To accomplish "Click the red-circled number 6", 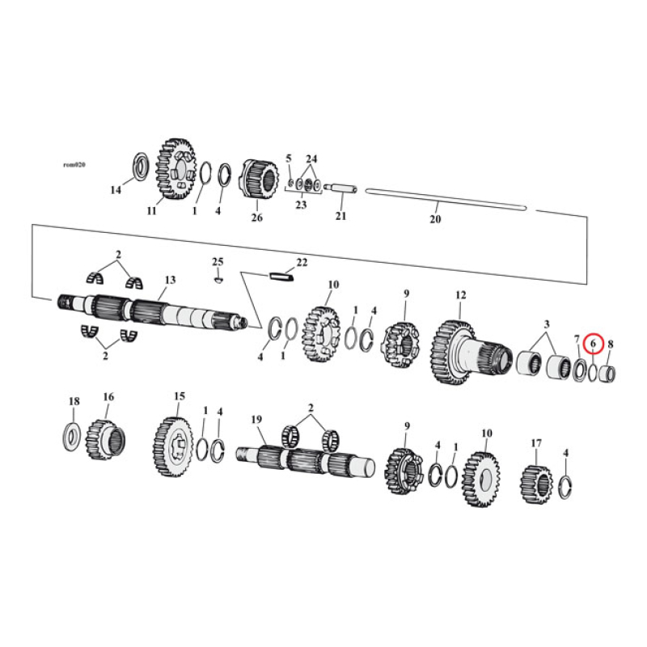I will tap(594, 345).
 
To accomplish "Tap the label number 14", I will tap(116, 190).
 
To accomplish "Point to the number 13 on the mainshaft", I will tap(169, 281).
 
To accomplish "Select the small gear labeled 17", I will tap(535, 482).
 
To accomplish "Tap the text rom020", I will tap(74, 164).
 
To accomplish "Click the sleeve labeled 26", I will tap(257, 184).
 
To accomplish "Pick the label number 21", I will tap(340, 217).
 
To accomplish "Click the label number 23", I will tap(301, 206).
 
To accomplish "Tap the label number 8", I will tap(610, 344).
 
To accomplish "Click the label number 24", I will tap(311, 159).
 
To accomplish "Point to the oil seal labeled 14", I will tap(138, 167).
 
